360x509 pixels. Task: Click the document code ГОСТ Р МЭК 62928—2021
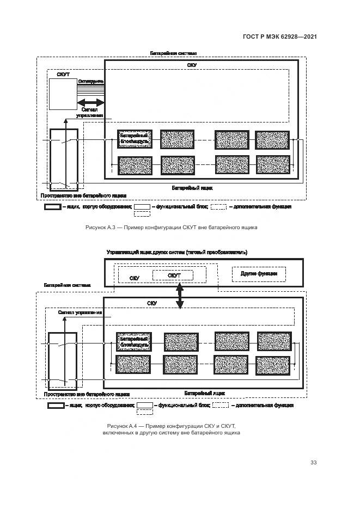pyautogui.click(x=279, y=37)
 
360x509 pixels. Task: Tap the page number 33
pyautogui.click(x=313, y=463)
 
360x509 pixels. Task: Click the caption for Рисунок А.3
pyautogui.click(x=171, y=228)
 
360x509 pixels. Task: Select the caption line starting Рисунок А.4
pyautogui.click(x=171, y=425)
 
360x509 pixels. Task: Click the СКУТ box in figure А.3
pyautogui.click(x=62, y=94)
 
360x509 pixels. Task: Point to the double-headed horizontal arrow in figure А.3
pyautogui.click(x=91, y=102)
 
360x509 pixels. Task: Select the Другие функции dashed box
pyautogui.click(x=259, y=273)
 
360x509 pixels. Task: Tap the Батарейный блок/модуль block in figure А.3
pyautogui.click(x=135, y=139)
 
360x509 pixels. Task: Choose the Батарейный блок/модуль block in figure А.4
pyautogui.click(x=133, y=342)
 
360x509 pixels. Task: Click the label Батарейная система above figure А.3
pyautogui.click(x=173, y=53)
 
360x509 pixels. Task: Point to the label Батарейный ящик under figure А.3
pyautogui.click(x=192, y=188)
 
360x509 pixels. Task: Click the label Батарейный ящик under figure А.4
pyautogui.click(x=204, y=393)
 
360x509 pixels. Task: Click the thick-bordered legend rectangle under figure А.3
pyautogui.click(x=52, y=207)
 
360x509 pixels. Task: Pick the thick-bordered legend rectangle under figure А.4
pyautogui.click(x=56, y=406)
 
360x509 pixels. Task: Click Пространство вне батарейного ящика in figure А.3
pyautogui.click(x=83, y=195)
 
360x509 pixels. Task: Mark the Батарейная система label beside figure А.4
pyautogui.click(x=68, y=285)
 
